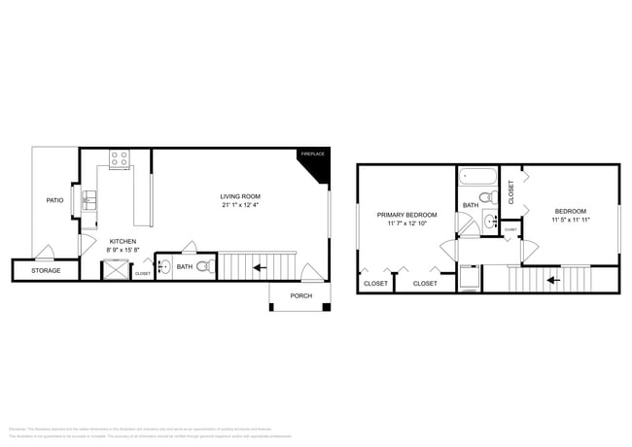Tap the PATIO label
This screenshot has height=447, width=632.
tap(55, 201)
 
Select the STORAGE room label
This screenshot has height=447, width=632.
tap(46, 270)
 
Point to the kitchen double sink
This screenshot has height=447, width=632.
tap(89, 200)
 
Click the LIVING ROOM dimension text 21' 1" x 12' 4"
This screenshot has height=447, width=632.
tap(239, 205)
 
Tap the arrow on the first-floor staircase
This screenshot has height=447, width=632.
tap(259, 265)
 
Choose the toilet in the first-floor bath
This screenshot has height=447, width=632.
tap(203, 266)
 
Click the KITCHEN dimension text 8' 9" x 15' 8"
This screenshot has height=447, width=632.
tap(123, 250)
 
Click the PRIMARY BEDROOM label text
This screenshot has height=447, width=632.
tap(406, 215)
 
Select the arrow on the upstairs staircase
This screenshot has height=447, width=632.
tap(552, 280)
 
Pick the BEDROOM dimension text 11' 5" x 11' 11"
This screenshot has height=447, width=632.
tap(571, 220)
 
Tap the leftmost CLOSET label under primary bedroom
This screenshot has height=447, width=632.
tap(375, 284)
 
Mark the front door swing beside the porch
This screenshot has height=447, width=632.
tap(309, 274)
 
